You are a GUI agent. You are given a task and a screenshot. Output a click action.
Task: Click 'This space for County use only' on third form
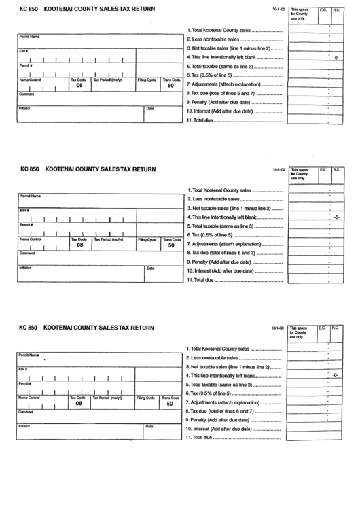(299, 332)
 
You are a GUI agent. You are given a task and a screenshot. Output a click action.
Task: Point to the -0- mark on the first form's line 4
(336, 58)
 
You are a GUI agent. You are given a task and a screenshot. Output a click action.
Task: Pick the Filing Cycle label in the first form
(146, 80)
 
